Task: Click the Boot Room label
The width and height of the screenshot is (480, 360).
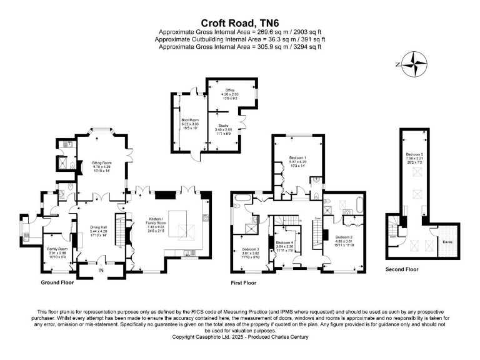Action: point(190,119)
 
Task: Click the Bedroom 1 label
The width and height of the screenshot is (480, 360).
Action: point(297,158)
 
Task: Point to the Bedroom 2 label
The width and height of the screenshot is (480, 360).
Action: point(344,237)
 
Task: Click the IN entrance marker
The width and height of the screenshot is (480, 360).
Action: point(102,271)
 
